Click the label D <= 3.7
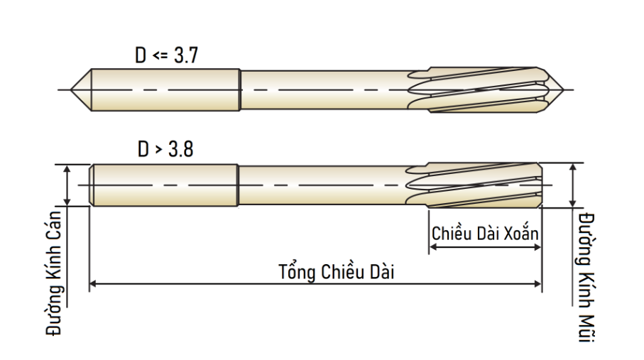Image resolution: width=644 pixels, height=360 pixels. [166, 55]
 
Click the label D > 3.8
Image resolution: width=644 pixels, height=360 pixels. [165, 149]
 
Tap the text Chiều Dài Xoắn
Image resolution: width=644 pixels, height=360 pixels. [485, 234]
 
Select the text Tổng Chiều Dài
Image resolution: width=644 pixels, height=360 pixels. [337, 272]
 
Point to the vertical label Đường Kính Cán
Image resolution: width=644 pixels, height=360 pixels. [54, 273]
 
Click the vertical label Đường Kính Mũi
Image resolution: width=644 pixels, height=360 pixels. [586, 278]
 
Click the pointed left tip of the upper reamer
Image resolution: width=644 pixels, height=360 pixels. [71, 89]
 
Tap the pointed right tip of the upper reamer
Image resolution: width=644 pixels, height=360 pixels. [563, 89]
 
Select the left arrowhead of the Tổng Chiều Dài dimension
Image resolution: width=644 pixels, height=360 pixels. [93, 283]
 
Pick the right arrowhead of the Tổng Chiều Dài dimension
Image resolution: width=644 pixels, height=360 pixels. [538, 283]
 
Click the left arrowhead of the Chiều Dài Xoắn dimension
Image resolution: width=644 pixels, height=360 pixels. [432, 247]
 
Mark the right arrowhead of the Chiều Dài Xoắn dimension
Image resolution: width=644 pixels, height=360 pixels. [537, 247]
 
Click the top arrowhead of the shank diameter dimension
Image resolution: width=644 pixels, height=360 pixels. [67, 168]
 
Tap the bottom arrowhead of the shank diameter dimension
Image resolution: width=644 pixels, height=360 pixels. [67, 202]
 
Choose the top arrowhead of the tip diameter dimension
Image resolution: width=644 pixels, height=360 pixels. [572, 167]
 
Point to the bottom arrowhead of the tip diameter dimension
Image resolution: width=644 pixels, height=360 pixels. [572, 203]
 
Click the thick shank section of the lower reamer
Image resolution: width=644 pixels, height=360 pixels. [164, 185]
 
